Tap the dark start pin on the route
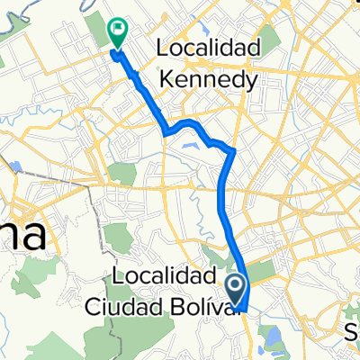(236, 289)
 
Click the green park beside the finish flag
(99, 31)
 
